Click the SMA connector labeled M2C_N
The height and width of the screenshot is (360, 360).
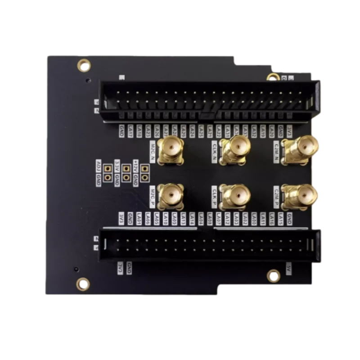click(171, 147)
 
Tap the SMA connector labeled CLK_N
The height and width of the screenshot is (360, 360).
click(234, 147)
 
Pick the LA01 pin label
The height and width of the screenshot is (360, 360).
click(139, 219)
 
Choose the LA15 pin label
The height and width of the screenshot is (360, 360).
click(280, 219)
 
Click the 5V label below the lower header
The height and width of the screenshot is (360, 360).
click(289, 268)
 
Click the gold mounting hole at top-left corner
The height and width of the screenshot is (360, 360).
click(84, 65)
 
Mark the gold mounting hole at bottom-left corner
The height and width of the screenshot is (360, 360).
click(83, 283)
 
